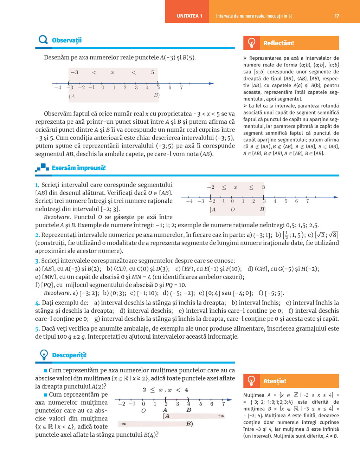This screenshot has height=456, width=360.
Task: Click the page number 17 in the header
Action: click(x=336, y=16)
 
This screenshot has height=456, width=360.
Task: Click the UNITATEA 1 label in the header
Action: click(x=189, y=16)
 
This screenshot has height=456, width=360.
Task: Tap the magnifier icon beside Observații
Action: click(x=43, y=40)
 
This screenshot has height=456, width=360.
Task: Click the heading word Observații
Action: click(x=67, y=40)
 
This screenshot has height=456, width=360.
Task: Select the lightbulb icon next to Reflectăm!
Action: click(x=252, y=43)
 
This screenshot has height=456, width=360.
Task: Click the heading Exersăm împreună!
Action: click(x=79, y=168)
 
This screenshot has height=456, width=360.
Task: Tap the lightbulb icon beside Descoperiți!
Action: click(x=44, y=355)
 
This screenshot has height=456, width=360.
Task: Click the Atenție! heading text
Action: click(x=275, y=381)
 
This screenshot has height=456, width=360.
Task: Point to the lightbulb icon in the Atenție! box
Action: click(x=252, y=381)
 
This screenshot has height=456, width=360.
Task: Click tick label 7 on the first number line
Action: click(x=181, y=87)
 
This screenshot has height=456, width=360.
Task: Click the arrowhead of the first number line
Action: click(x=211, y=84)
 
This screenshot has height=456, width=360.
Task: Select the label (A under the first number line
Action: click(x=72, y=96)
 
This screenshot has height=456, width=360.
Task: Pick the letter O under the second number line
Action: click(x=232, y=210)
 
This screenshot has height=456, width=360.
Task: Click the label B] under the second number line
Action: click(x=262, y=209)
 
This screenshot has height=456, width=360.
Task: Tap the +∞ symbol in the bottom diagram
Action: click(x=221, y=416)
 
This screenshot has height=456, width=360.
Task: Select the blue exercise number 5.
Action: click(x=37, y=329)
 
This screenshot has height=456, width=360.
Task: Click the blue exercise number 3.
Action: click(x=37, y=261)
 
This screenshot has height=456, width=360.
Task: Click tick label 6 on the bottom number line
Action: click(x=212, y=404)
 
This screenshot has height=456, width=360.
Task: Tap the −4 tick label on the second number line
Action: click(x=189, y=201)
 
